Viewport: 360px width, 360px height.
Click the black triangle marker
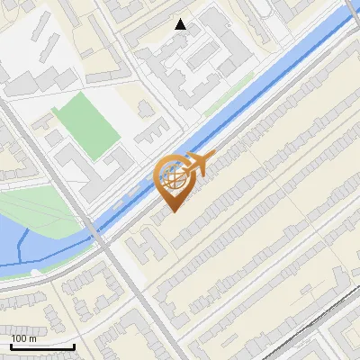(181, 24)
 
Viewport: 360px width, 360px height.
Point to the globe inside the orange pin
(175, 177)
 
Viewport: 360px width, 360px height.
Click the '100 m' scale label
(23, 338)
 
